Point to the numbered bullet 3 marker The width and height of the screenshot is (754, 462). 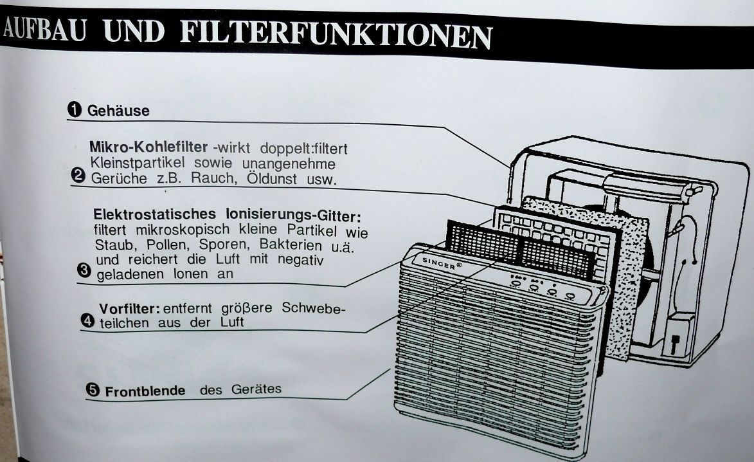pos(84,270)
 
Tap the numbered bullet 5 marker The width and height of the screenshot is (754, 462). pos(93,390)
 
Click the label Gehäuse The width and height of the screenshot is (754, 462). pos(118,111)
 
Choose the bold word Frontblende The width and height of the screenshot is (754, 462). pos(145,391)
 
